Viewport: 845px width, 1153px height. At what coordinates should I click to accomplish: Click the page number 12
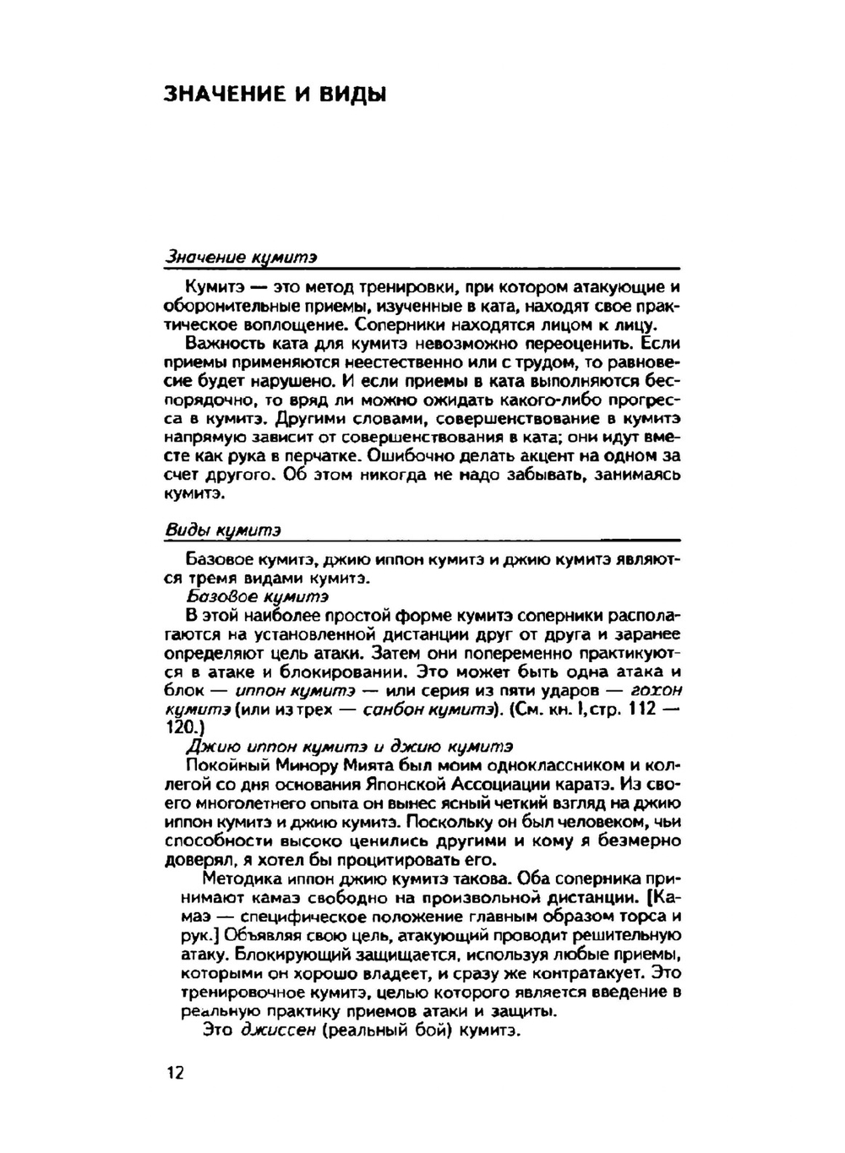(x=175, y=1073)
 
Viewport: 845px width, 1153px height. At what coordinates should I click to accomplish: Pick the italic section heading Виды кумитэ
(x=222, y=530)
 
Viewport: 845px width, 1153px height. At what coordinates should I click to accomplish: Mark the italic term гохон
(x=656, y=690)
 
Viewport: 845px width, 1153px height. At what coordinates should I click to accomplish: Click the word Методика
(x=238, y=879)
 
